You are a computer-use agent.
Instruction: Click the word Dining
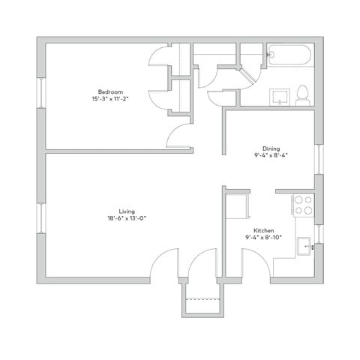tap(271, 148)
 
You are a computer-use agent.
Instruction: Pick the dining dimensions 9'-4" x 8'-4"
tap(271, 156)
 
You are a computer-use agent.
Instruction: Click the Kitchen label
tap(263, 229)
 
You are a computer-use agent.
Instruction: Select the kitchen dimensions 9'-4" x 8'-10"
tap(262, 238)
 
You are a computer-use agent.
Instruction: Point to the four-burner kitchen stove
tap(304, 205)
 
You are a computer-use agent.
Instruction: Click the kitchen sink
tap(304, 245)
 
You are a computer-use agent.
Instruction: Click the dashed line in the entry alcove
tap(201, 299)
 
